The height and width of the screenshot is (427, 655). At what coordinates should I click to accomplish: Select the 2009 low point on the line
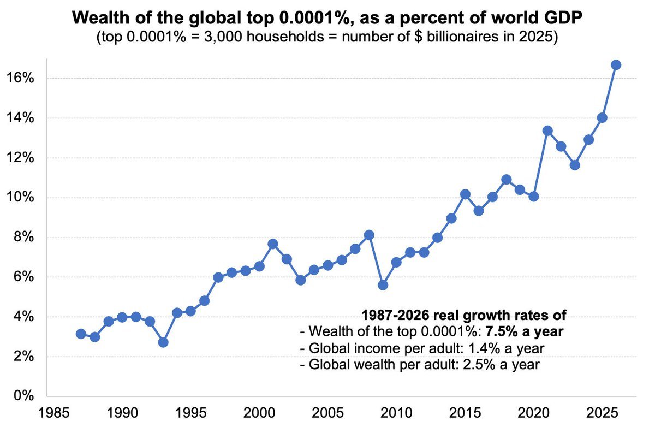coord(383,285)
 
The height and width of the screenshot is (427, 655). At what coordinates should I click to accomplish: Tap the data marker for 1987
coord(81,334)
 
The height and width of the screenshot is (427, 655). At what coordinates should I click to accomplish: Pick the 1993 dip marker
coord(163,342)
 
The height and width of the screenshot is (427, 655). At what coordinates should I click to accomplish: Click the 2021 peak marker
coord(547,131)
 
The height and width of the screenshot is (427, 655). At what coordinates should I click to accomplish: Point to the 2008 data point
coord(369,235)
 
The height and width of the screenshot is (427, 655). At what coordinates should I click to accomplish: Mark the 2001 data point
coord(273,244)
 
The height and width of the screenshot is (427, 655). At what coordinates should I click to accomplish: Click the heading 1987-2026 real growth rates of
coord(465,315)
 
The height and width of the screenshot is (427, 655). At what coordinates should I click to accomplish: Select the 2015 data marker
coord(465,194)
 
